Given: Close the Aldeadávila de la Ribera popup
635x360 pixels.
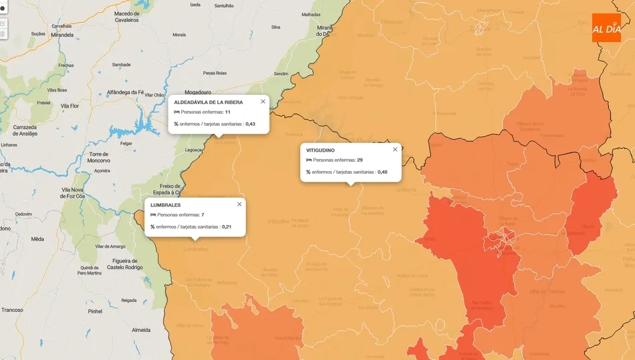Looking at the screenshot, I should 263,102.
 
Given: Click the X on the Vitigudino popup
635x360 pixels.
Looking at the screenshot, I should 395,150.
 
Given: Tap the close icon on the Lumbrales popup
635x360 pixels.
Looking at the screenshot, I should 239,204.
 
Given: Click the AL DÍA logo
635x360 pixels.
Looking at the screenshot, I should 606,27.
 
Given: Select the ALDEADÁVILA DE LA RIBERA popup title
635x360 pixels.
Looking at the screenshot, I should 209,102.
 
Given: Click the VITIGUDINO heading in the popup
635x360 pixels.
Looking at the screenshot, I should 320,150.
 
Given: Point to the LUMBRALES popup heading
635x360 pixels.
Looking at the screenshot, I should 166,205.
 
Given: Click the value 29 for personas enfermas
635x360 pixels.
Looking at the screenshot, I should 360,160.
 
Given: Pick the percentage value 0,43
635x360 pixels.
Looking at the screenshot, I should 251,124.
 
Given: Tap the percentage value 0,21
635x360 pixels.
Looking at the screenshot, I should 227,226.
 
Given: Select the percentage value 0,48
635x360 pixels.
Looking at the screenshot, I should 382,172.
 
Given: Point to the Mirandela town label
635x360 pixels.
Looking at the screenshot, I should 62,35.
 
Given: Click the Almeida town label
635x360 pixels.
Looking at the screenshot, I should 140,330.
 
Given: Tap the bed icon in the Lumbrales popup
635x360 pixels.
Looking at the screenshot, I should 153,215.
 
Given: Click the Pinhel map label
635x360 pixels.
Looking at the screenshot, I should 95,311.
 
